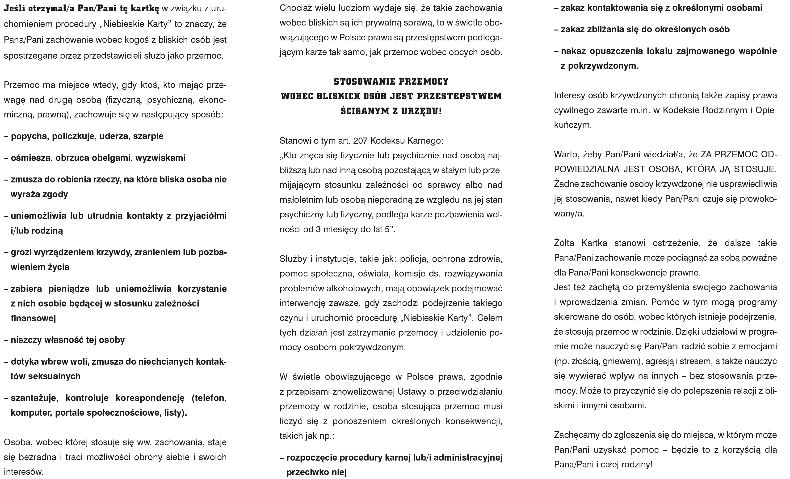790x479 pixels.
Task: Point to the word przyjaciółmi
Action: tap(201, 216)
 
